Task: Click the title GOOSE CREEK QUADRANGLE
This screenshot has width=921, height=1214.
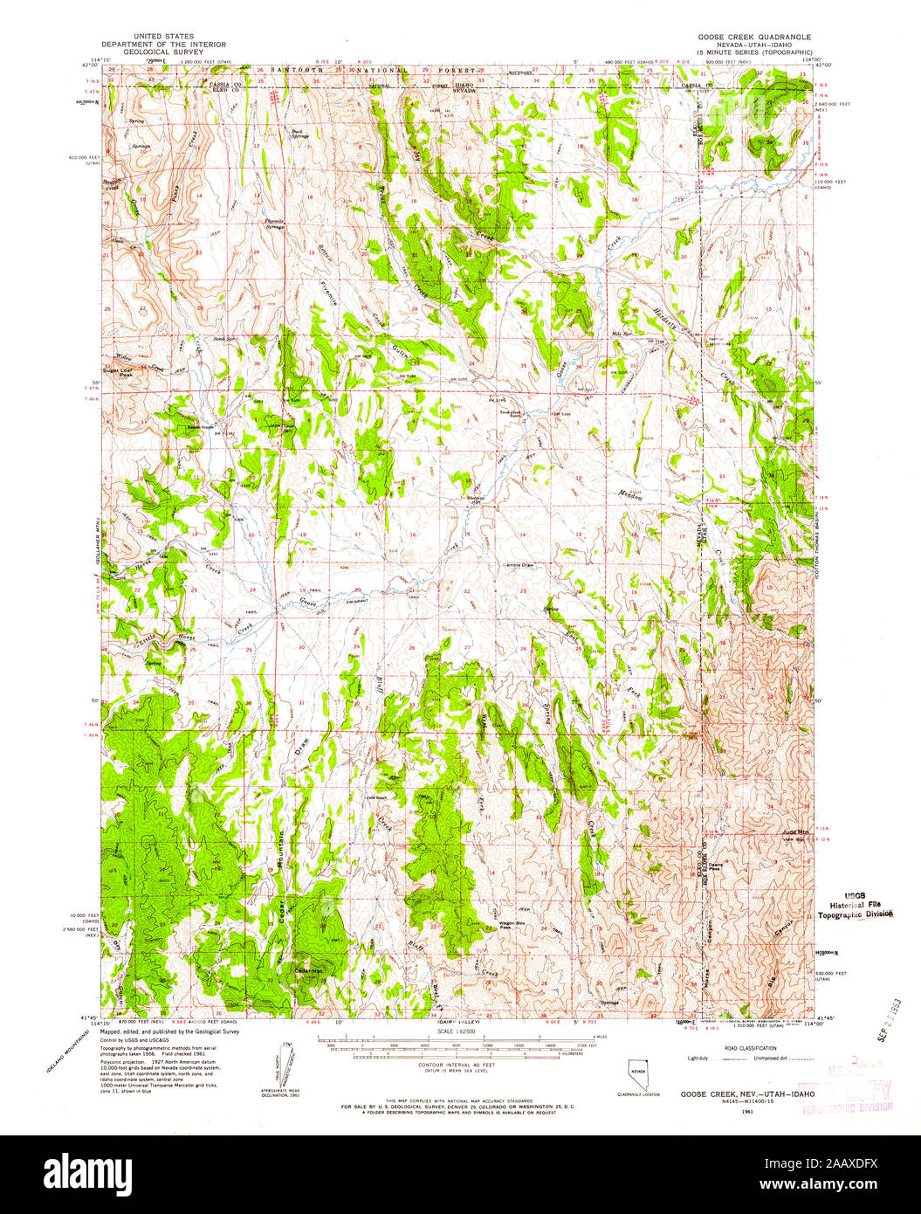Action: point(753,38)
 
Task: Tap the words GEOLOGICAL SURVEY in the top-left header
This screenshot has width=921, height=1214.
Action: point(163,52)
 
